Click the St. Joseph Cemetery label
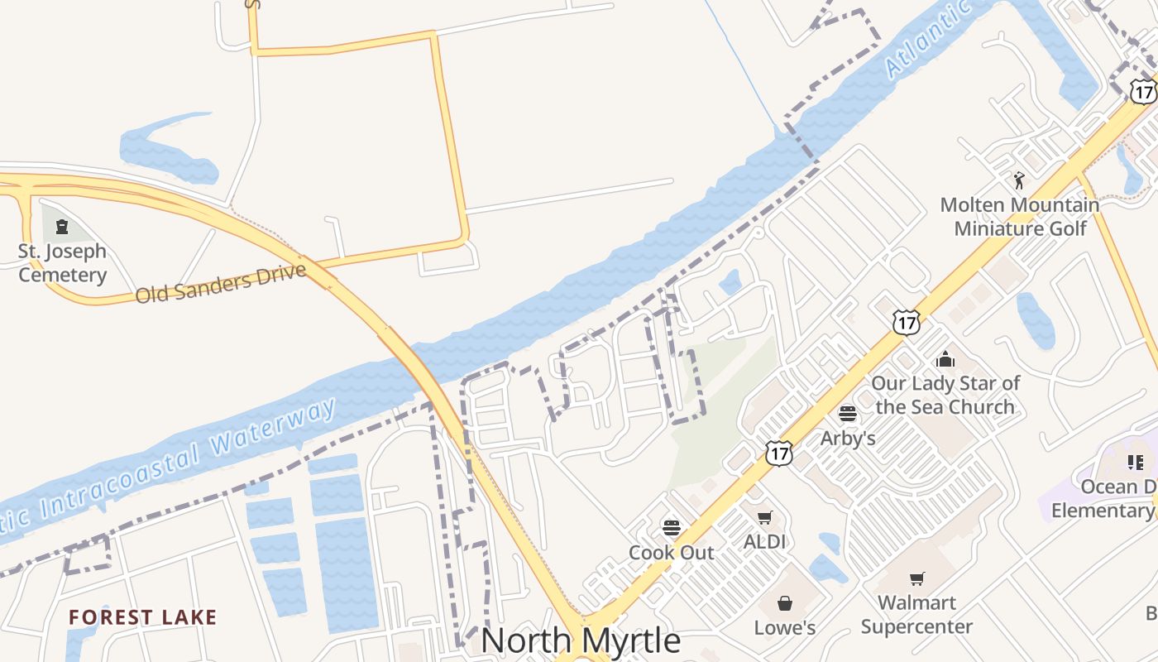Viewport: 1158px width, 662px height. click(x=62, y=263)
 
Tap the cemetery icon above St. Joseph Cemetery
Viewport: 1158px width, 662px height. click(x=62, y=226)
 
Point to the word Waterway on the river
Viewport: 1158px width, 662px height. click(x=273, y=429)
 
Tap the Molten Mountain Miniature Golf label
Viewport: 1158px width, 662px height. click(x=1020, y=216)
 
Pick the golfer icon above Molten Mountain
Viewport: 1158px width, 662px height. click(x=1019, y=180)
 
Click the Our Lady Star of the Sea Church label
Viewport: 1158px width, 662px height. click(x=945, y=395)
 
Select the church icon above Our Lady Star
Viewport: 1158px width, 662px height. click(x=945, y=359)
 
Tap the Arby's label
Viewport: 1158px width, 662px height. click(x=848, y=438)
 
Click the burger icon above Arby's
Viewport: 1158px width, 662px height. click(x=848, y=413)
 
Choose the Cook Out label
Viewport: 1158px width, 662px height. click(x=671, y=552)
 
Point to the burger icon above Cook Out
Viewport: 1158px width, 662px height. click(x=672, y=527)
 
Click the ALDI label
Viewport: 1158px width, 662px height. click(x=764, y=542)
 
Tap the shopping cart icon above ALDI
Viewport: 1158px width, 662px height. click(x=764, y=517)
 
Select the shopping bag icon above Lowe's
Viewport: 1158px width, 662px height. click(x=785, y=603)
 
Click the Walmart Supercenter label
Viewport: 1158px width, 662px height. click(x=916, y=614)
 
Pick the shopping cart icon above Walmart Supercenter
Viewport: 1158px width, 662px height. click(x=916, y=578)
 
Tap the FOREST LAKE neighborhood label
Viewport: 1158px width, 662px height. click(x=142, y=617)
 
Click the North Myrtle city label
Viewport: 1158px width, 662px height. click(x=581, y=640)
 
